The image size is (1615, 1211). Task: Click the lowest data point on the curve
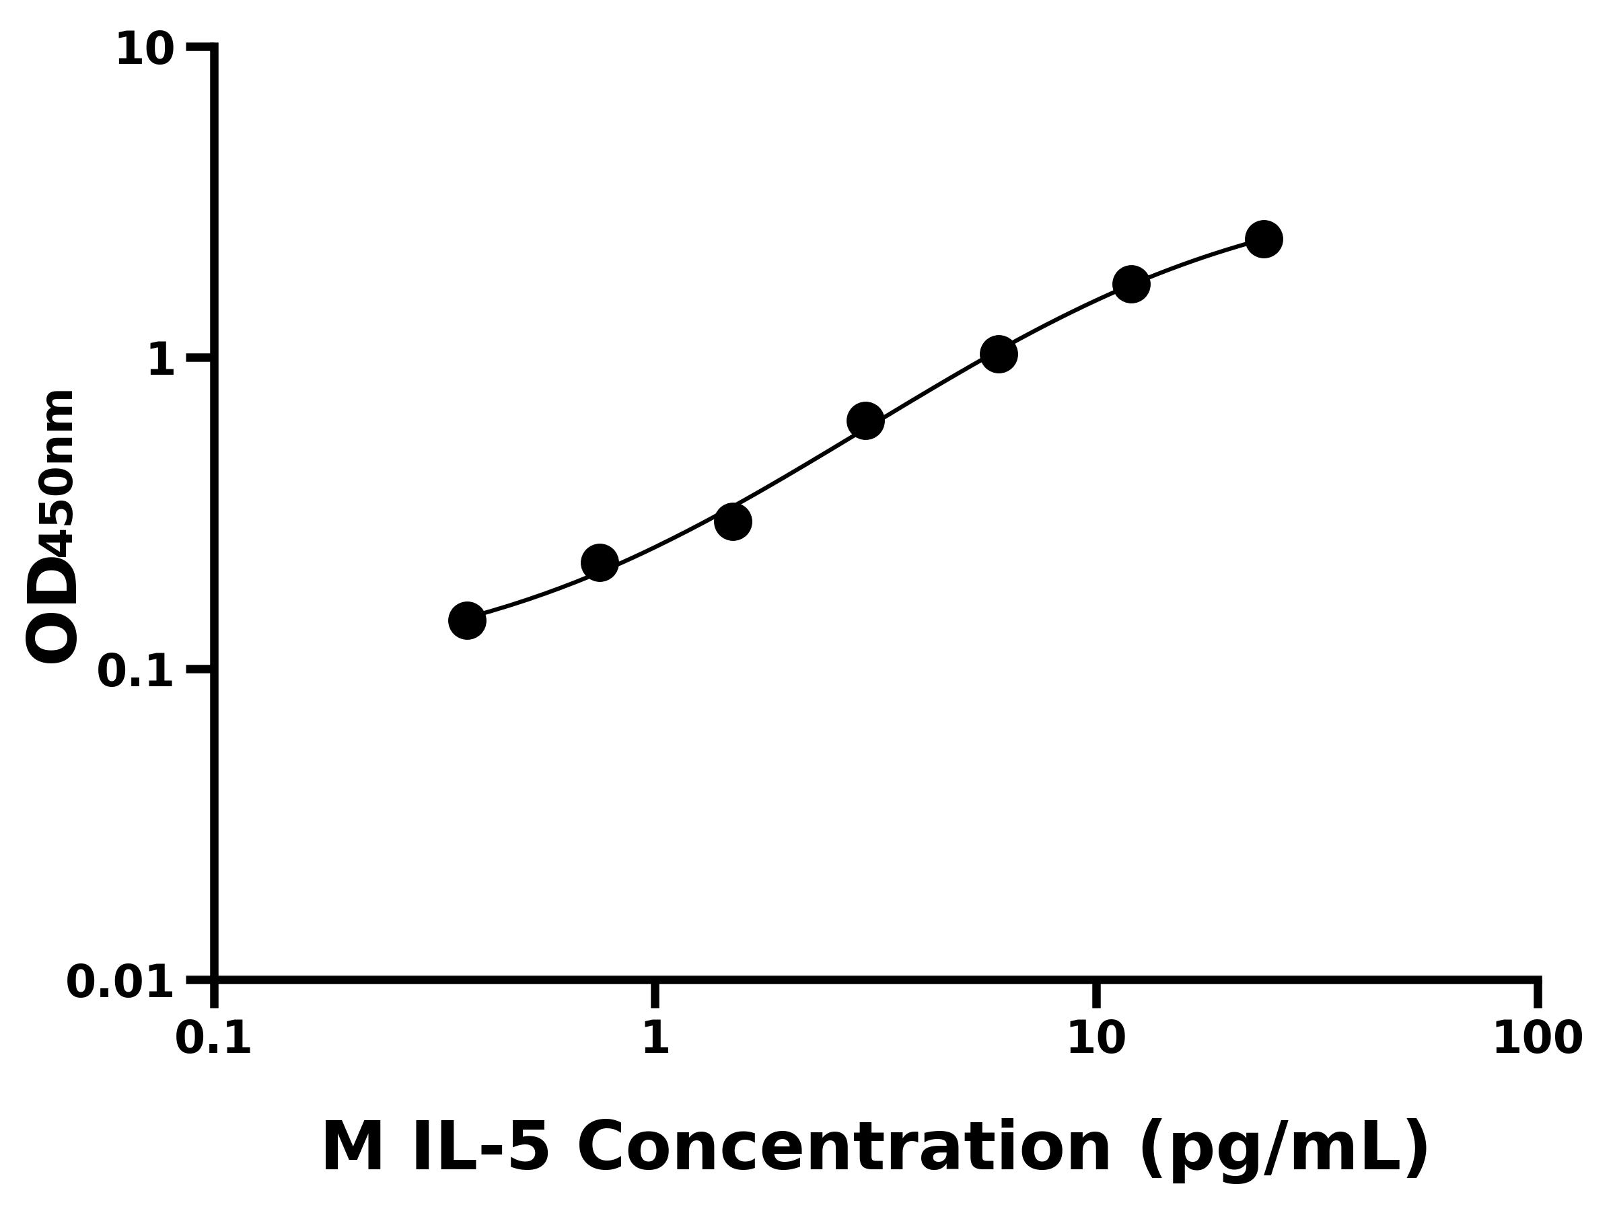[x=466, y=620]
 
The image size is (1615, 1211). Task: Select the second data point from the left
[x=600, y=563]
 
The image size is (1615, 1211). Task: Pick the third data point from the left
[x=732, y=521]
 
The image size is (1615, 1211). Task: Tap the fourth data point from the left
[x=865, y=421]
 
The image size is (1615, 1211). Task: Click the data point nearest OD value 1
[x=998, y=354]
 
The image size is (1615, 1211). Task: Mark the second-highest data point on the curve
[x=1131, y=283]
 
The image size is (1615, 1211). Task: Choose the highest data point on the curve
[x=1264, y=239]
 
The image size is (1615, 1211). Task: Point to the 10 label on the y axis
[x=145, y=50]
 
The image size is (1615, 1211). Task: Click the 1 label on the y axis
[x=161, y=361]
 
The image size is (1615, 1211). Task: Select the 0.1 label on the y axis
[x=136, y=671]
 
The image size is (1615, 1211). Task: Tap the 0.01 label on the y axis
[x=120, y=982]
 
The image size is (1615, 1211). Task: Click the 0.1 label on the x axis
[x=213, y=1038]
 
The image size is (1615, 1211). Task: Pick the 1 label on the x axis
[x=655, y=1038]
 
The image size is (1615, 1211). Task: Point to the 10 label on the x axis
[x=1096, y=1038]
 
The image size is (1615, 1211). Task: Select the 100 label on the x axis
[x=1538, y=1038]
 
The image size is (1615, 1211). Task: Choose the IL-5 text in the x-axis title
[x=480, y=1148]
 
